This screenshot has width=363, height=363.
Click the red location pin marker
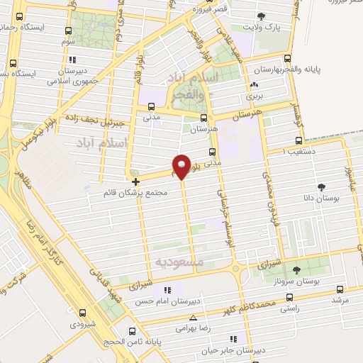click(x=181, y=166)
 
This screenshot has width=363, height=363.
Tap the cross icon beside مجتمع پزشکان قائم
click(x=135, y=181)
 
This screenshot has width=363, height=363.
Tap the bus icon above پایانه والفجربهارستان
click(x=287, y=59)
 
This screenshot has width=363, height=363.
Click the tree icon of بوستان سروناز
click(x=296, y=269)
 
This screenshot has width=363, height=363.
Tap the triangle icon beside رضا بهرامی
click(x=193, y=318)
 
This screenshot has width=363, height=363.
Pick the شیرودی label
click(x=83, y=324)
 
